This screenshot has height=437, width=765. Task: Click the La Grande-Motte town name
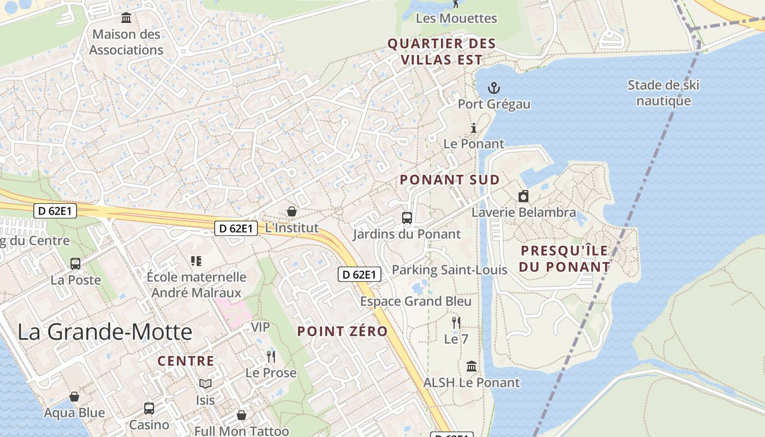pos(105,332)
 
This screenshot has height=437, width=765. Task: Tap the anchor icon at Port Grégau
pos(494,88)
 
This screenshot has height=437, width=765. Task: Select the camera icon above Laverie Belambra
pos(523,196)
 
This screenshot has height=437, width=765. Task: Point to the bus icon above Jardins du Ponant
pos(407,218)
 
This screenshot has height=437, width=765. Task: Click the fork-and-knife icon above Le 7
pos(456,322)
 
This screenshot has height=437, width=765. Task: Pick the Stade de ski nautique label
pos(663,93)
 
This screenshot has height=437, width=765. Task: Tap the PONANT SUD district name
pos(450,180)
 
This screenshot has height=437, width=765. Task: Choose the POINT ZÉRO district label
pos(343,331)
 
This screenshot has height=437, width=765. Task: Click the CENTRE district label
pos(186,361)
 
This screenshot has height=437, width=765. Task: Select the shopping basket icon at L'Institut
pos(292,211)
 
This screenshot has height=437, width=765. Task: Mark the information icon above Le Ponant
pos(474,128)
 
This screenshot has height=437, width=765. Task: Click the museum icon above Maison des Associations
pos(126,18)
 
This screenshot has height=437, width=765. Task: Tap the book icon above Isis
pos(205,384)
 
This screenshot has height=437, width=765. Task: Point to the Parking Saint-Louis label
pos(450,270)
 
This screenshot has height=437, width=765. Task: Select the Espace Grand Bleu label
pos(415,302)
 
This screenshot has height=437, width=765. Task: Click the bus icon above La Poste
pos(75,264)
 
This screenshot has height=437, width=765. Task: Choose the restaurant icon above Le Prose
pos(271,357)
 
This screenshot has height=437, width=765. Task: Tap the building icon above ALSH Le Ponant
pos(472,366)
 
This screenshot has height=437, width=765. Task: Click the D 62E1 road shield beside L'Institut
pos(236,228)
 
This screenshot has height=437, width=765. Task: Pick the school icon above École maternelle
pos(196,261)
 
